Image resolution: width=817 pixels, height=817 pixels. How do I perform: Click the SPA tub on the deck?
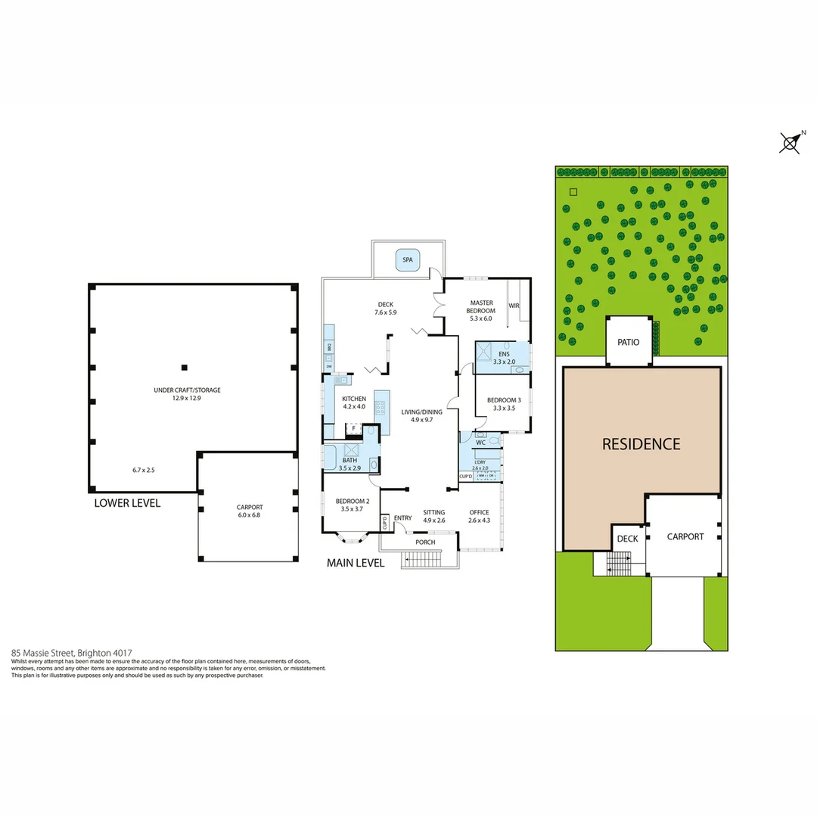[x=408, y=260]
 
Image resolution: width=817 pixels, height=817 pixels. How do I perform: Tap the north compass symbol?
[x=791, y=142]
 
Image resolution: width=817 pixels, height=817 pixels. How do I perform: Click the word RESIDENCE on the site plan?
[x=641, y=444]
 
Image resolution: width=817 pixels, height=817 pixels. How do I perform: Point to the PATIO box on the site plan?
[x=628, y=342]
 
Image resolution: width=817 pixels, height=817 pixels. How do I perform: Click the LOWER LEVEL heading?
[x=127, y=503]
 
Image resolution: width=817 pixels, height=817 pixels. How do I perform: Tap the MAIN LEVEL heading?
[x=356, y=563]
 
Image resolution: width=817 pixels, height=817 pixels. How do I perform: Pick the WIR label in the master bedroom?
[x=514, y=306]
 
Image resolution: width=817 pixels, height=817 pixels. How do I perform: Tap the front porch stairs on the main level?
[x=423, y=561]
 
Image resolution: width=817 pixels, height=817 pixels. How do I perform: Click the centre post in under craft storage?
[x=183, y=368]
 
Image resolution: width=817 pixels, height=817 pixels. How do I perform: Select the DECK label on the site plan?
[x=627, y=539]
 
